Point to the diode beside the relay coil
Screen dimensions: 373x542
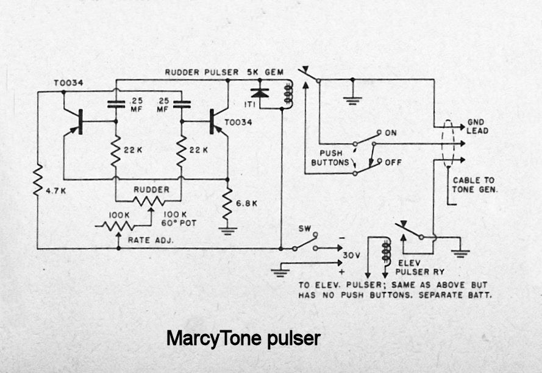click(x=261, y=93)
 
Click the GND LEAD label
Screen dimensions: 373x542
click(x=477, y=126)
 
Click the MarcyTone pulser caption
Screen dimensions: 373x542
click(x=243, y=338)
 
